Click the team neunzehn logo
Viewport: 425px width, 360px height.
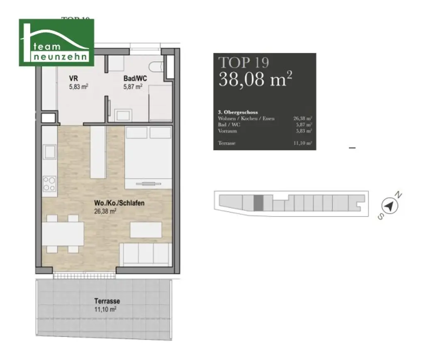(56, 42)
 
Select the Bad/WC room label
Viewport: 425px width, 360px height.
(133, 78)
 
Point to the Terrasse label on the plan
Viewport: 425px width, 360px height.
(107, 301)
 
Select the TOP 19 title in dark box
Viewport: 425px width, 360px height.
(244, 62)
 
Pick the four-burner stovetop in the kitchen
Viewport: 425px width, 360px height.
(50, 183)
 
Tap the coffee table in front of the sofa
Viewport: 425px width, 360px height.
(146, 230)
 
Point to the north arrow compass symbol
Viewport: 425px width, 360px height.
(389, 205)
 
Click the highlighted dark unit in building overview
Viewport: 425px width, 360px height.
(258, 203)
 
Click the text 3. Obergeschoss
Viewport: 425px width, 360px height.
(238, 112)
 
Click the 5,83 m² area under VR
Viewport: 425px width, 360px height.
(79, 86)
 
